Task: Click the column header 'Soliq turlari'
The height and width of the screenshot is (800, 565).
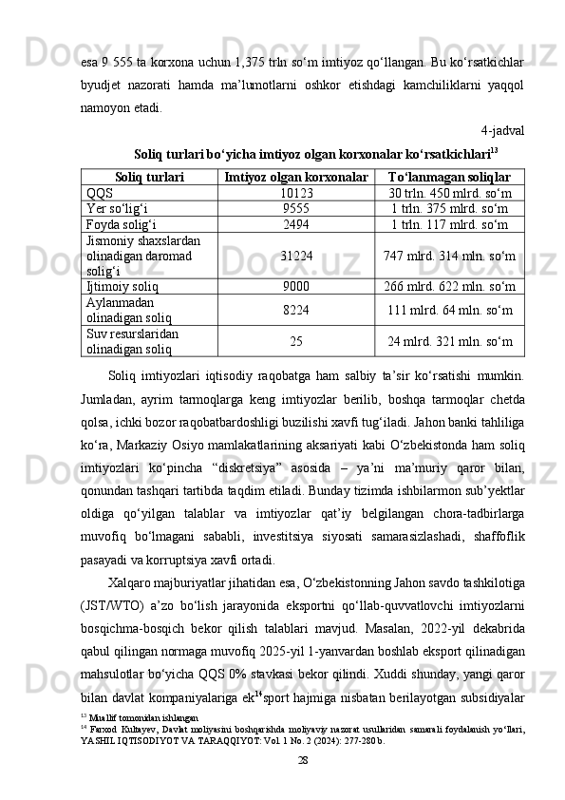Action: tap(149, 178)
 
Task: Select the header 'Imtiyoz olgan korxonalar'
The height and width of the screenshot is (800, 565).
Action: tap(296, 178)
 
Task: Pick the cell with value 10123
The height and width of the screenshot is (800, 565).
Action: tap(296, 193)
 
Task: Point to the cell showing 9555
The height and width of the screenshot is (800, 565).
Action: tap(296, 208)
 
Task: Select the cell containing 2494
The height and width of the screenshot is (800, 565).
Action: tap(296, 223)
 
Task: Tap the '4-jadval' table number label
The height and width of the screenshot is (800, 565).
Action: tap(503, 129)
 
